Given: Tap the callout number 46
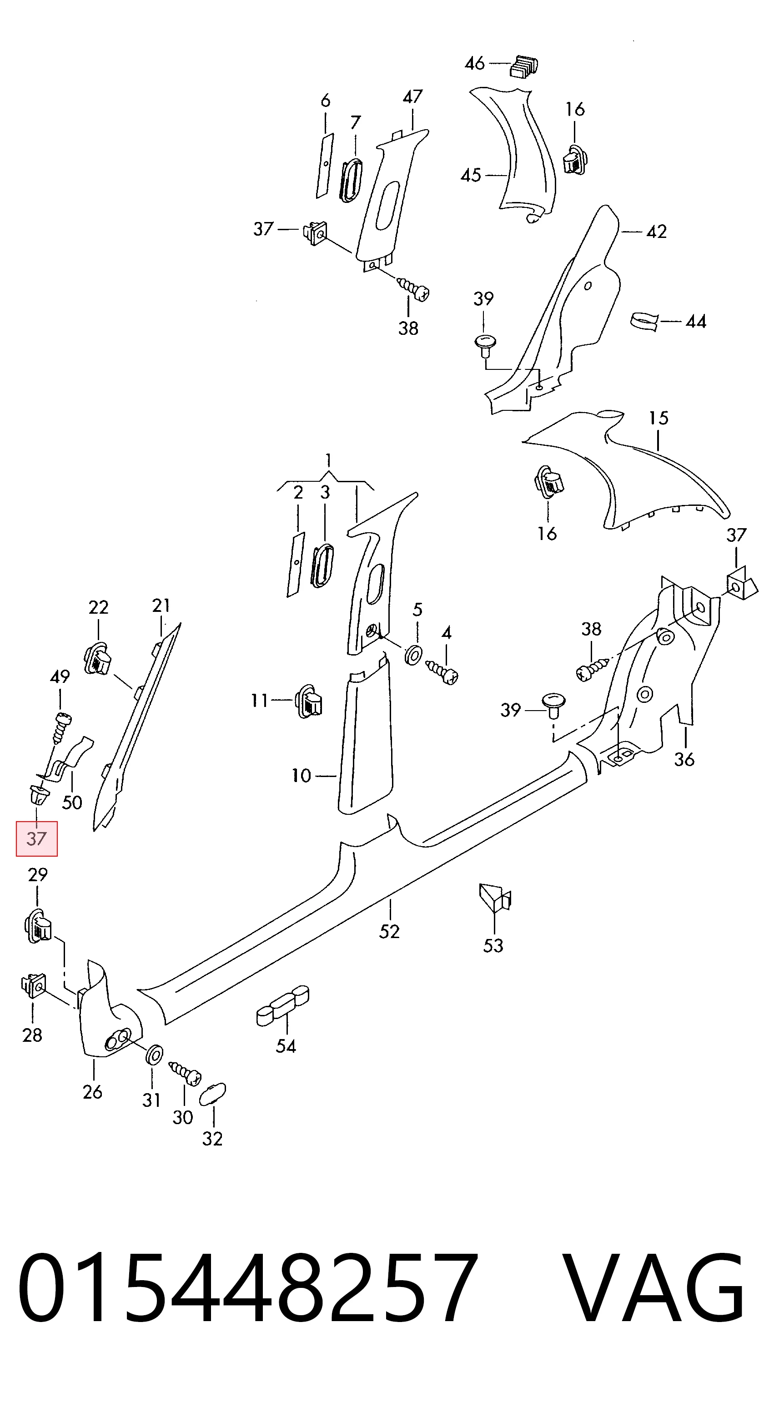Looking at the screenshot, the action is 474,63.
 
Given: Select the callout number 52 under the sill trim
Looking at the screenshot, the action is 389,931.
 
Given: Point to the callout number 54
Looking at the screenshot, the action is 286,1046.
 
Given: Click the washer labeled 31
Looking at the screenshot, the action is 154,1055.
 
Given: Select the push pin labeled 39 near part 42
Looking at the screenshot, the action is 485,345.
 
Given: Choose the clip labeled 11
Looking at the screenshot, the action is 309,701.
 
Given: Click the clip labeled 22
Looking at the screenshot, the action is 98,658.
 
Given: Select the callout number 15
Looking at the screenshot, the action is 658,418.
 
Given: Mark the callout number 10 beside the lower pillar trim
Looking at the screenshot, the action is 301,775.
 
